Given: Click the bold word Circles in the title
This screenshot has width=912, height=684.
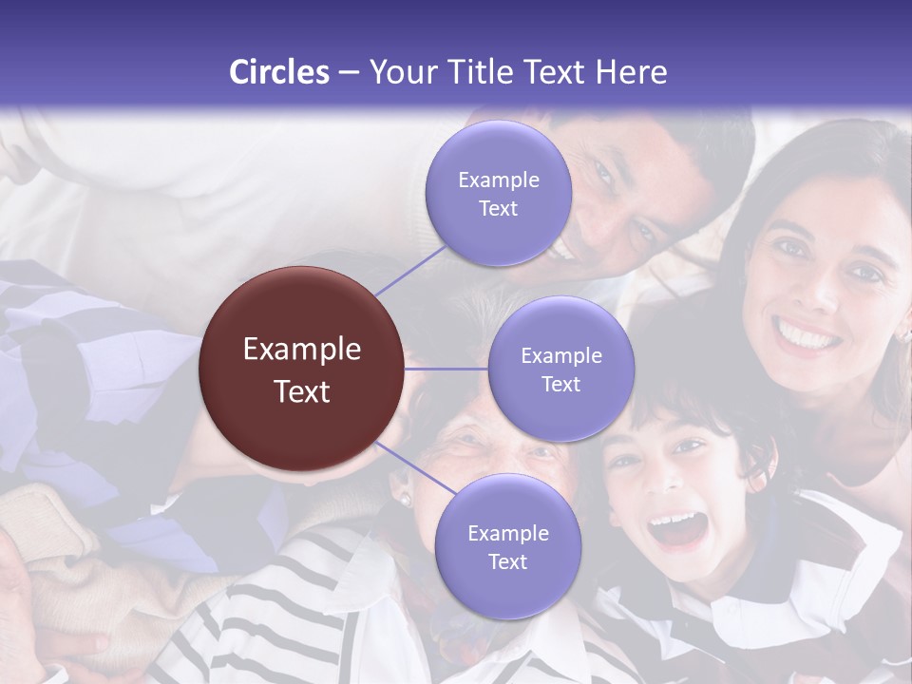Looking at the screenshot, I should point(278,72).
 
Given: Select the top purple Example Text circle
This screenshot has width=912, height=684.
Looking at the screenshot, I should point(498,193).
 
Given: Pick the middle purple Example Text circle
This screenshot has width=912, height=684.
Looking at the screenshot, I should point(560,369).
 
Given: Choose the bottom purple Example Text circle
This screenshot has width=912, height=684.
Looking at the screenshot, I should point(507,546).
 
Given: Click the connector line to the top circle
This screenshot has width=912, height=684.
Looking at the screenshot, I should point(411,271).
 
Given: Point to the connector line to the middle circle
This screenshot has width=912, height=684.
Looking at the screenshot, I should point(446,369).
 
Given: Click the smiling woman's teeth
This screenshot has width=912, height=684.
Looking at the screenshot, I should point(806,334).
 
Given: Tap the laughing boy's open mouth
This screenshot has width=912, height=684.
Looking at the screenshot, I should point(677,528).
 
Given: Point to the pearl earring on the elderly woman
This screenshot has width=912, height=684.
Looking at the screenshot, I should point(403,500).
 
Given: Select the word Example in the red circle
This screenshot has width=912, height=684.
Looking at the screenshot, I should point(302,350).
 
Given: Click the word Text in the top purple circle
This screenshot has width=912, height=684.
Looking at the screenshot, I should point(498,208).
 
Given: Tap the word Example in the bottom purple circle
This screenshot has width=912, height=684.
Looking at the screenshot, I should point(507,533).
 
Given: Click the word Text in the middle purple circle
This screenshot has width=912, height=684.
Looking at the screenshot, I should point(560,384).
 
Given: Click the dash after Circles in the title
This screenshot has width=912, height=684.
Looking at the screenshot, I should point(349,73).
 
